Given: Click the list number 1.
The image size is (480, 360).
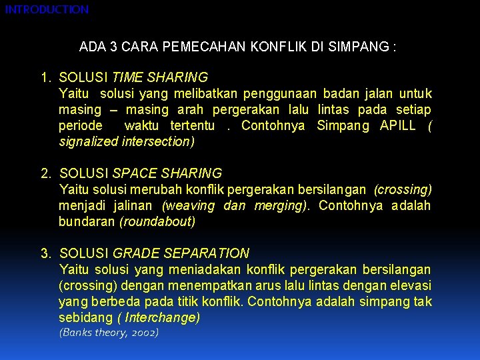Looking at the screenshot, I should [x=45, y=78].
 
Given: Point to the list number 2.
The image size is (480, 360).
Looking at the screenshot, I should [x=45, y=174].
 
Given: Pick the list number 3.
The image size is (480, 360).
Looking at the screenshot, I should [x=45, y=253].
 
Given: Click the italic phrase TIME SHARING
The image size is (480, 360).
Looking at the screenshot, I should [x=161, y=78].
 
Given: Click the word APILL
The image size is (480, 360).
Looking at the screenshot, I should [x=398, y=125].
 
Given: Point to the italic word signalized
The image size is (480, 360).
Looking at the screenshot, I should [x=87, y=141].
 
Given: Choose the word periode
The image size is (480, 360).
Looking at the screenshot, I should [x=81, y=125].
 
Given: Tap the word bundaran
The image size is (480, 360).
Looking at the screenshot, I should [x=87, y=221].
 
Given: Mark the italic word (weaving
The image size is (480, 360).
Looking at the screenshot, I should [x=189, y=205].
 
